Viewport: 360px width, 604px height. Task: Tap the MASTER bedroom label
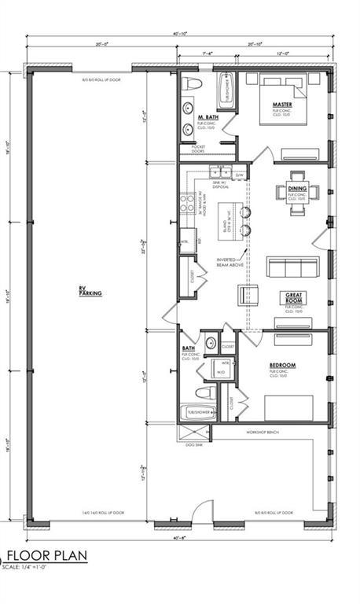(x=282, y=105)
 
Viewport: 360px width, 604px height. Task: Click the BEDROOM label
(x=282, y=365)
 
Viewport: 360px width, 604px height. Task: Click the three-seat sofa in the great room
(x=292, y=268)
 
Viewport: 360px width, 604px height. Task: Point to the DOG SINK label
(x=193, y=444)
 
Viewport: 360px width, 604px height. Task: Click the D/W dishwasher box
(x=239, y=174)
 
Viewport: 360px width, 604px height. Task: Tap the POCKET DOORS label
(x=191, y=149)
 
